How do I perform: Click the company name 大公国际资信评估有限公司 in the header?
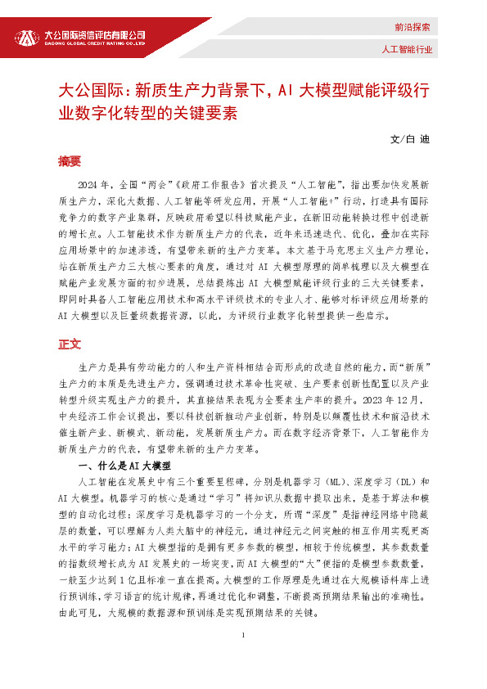(x=95, y=34)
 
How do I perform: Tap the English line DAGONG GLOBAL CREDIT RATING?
(x=95, y=44)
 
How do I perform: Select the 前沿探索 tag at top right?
(x=412, y=27)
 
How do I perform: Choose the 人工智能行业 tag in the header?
(x=407, y=49)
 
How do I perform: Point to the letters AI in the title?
(x=286, y=90)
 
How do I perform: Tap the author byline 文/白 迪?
(x=410, y=138)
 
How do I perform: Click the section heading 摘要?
(x=70, y=161)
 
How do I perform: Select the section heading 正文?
(x=70, y=344)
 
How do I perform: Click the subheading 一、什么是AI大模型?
(x=122, y=465)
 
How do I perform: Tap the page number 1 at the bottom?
(x=243, y=659)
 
